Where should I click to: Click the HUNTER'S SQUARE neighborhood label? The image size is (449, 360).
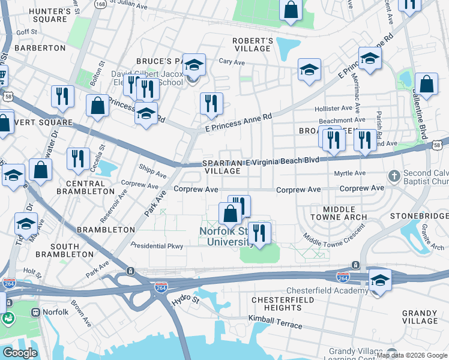pos(41,14)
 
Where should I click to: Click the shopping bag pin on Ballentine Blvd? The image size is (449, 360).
pos(426,85)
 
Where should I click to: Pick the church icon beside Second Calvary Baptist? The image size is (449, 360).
pos(394,176)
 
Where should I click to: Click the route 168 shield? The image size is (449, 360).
pos(101,4)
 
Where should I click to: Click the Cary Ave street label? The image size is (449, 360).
pos(232,61)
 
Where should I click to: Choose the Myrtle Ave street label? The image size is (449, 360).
pos(350,173)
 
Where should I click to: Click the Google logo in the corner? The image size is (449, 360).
pos(20,352)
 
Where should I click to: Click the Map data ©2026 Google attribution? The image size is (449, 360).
pos(411,355)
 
